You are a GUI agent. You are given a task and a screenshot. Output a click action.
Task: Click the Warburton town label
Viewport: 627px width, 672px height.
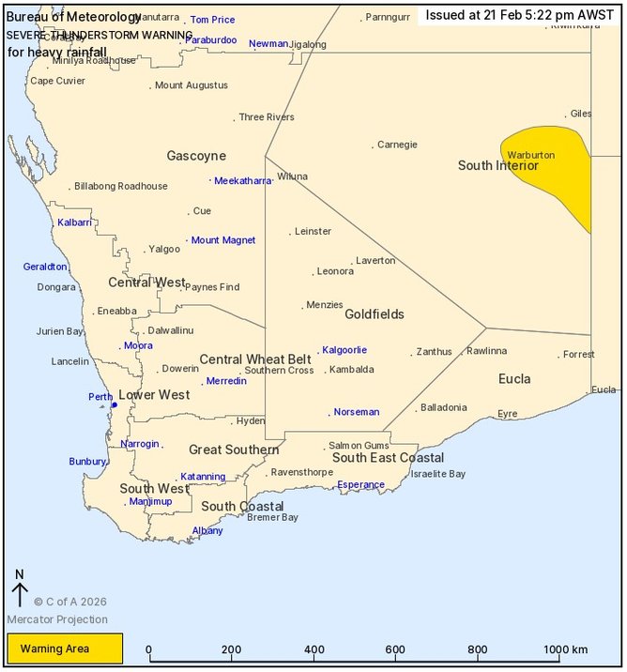530,155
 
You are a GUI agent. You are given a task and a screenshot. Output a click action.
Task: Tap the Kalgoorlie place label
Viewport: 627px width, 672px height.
344,350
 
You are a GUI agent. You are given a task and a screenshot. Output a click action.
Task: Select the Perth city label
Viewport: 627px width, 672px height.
100,397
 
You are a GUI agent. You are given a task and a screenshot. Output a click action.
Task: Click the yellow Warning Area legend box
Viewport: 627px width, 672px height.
65,648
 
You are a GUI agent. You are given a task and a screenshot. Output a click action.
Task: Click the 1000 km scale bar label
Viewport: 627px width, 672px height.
565,649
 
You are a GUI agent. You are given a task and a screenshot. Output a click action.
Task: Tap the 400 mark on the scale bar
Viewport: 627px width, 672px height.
314,649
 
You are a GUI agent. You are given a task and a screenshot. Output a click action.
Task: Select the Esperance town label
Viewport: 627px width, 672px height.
360,485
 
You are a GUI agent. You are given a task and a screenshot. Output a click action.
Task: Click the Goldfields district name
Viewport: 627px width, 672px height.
374,314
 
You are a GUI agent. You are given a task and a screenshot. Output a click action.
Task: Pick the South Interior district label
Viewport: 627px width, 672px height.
497,165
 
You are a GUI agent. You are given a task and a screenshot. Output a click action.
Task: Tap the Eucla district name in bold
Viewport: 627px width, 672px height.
514,379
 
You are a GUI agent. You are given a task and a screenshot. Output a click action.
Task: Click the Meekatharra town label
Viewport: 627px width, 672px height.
242,181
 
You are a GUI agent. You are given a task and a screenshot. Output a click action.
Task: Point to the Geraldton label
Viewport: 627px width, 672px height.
45,267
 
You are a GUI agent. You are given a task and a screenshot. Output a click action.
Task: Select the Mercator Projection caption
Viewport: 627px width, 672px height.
57,619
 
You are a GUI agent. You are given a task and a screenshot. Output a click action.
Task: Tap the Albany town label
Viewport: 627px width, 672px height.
207,531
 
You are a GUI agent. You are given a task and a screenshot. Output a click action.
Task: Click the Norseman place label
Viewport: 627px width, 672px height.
357,412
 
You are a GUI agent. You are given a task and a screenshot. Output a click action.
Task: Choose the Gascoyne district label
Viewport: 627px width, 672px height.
196,156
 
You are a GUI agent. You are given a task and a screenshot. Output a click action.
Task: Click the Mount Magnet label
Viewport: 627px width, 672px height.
223,240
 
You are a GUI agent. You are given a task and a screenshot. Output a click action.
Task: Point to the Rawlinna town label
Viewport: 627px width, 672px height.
486,351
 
